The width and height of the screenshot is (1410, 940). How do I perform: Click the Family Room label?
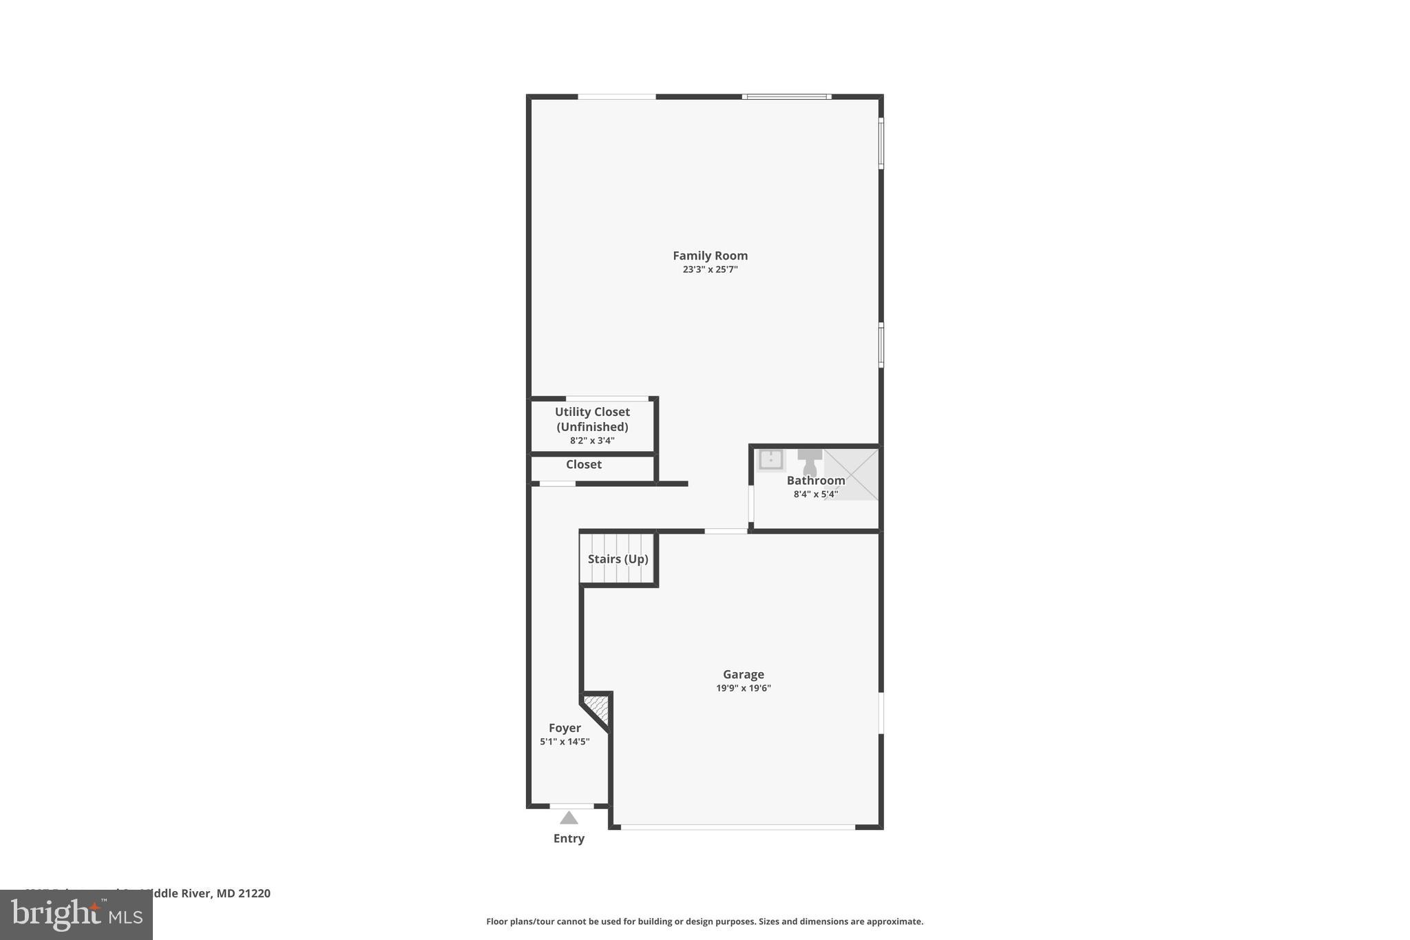click(710, 255)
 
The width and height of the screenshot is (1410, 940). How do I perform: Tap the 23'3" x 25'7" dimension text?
click(710, 270)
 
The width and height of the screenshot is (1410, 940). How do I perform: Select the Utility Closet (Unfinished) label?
click(592, 419)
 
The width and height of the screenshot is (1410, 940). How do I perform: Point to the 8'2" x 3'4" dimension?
click(592, 441)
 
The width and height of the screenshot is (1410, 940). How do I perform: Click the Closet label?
click(584, 465)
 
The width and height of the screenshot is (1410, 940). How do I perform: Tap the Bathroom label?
click(816, 481)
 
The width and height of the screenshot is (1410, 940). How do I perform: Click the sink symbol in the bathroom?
click(770, 459)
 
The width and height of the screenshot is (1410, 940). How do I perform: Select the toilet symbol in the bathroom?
click(810, 461)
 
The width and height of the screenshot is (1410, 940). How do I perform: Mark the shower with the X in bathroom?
click(852, 474)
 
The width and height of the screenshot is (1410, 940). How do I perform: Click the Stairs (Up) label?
click(618, 559)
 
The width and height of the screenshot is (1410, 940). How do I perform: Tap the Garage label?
click(743, 675)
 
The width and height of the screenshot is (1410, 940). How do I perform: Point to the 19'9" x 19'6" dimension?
click(743, 689)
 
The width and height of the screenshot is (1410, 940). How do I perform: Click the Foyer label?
click(565, 729)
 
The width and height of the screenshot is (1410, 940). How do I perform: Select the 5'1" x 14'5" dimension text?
click(565, 742)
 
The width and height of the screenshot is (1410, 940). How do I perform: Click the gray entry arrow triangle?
click(569, 819)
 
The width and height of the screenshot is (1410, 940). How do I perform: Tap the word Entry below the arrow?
click(569, 839)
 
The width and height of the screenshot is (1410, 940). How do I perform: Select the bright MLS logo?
click(76, 915)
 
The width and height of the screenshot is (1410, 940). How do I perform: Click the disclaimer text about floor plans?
click(704, 922)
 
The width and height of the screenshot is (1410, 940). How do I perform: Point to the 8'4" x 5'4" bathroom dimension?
click(816, 494)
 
